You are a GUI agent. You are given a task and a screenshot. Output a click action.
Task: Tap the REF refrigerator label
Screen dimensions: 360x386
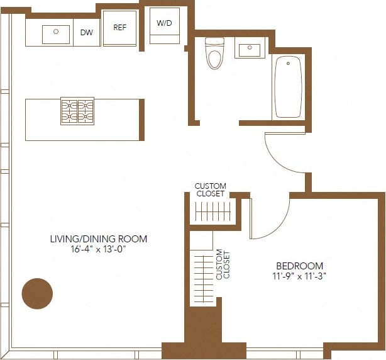coord(120,27)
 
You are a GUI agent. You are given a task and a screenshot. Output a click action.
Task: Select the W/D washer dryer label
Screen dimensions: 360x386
coord(164,24)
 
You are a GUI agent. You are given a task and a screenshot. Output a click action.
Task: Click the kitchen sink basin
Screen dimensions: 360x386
coord(56,34)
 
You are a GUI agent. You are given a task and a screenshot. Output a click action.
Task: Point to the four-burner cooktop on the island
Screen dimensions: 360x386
coord(77,111)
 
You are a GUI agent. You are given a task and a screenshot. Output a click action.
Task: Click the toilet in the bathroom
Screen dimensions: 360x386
coord(214,54)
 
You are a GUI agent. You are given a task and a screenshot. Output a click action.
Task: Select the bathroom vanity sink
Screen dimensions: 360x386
coord(250,49)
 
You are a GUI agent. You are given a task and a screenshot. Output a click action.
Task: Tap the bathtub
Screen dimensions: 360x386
coord(288,86)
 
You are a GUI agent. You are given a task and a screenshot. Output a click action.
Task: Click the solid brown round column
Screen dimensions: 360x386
coord(37,293)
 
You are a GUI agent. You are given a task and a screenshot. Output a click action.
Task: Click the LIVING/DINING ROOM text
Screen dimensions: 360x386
coord(99,239)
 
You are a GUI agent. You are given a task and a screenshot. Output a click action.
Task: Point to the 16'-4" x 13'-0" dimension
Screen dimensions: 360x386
coord(99,249)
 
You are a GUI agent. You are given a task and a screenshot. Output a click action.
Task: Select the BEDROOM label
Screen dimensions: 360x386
coord(300,266)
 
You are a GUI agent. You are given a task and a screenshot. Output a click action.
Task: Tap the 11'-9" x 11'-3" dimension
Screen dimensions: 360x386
coord(300,276)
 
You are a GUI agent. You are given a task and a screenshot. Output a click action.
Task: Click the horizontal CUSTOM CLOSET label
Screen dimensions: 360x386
coord(210,190)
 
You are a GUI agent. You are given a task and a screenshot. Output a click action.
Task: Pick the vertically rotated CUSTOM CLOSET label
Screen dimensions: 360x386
coord(223,265)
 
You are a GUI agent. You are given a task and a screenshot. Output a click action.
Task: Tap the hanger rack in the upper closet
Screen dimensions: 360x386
coord(214,212)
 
